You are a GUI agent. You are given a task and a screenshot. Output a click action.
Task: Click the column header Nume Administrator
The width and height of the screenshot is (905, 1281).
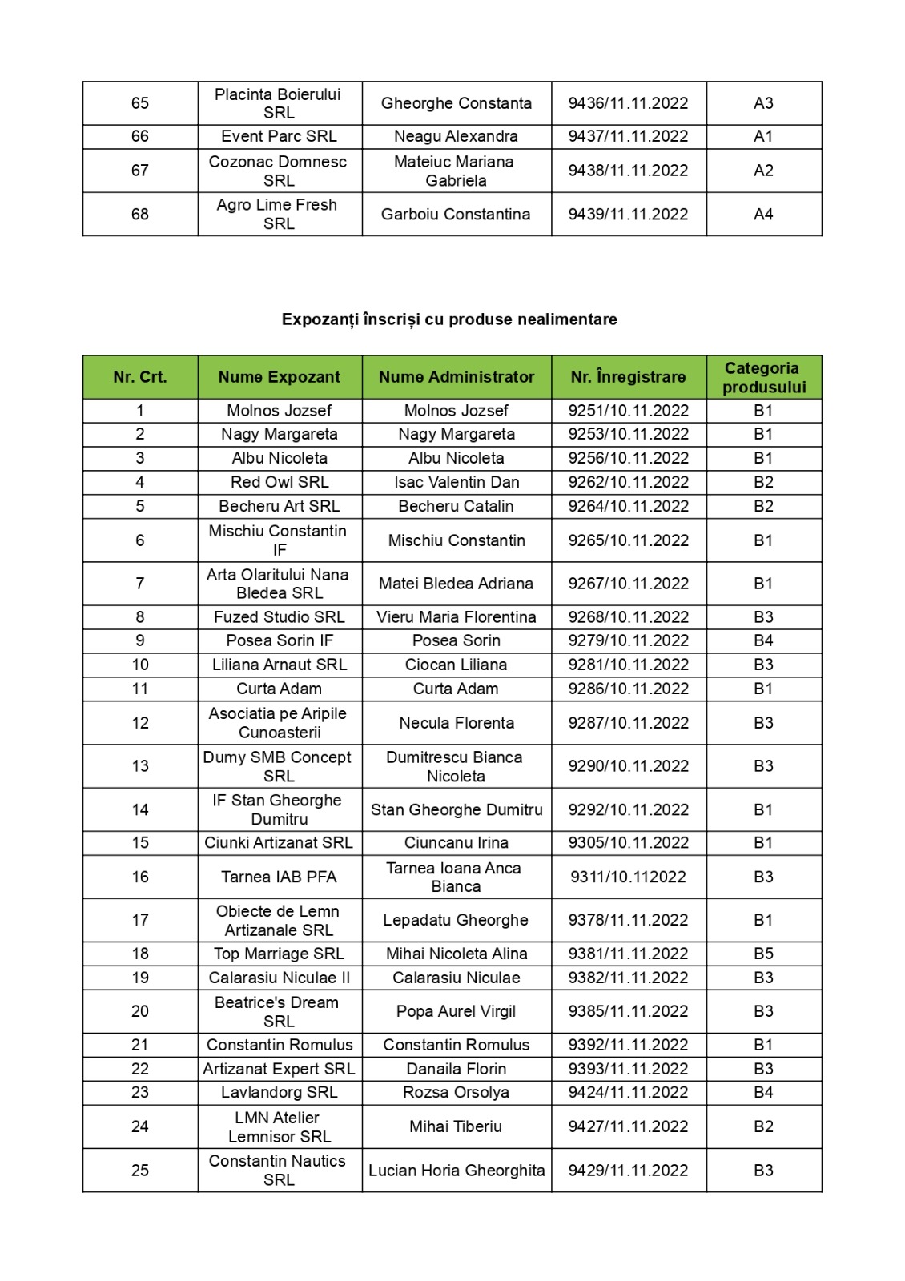pos(456,377)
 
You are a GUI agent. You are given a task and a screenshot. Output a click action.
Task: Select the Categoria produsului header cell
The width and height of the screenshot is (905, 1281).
pos(763,377)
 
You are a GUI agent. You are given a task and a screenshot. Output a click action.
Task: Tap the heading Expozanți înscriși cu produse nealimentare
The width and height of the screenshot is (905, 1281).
pos(449,319)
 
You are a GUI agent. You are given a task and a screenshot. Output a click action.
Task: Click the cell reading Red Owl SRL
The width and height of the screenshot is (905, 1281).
pos(279,482)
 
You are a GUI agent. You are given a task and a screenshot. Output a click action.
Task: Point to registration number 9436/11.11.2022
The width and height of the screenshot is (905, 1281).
pos(628,103)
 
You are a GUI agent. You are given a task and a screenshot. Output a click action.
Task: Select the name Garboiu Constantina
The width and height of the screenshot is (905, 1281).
pos(456,214)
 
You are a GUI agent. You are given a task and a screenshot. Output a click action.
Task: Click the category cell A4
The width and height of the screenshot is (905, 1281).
pos(763,214)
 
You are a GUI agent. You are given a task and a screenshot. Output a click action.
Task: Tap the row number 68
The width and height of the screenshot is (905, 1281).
pos(140,214)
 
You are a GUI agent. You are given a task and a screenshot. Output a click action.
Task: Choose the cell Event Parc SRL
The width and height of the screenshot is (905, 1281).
pos(279,136)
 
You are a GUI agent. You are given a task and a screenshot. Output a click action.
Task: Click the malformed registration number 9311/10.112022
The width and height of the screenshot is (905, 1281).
pos(628,877)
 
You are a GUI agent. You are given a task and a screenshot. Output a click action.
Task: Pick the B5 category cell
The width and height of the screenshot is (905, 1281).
pos(763,954)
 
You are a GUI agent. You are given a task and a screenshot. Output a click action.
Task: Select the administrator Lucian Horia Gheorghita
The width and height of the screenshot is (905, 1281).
pos(456,1171)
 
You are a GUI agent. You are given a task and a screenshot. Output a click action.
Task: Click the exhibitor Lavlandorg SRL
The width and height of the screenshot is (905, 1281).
pos(279,1092)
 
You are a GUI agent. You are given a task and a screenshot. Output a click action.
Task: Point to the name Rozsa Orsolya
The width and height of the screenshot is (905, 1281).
pos(456,1092)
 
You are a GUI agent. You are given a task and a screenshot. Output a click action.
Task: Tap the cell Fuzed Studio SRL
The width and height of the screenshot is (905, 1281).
pos(279,617)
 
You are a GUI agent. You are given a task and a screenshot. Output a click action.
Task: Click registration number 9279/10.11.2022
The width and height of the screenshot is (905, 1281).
pos(628,640)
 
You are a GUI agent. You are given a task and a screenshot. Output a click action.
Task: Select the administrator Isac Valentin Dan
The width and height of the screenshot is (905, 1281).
pos(456,482)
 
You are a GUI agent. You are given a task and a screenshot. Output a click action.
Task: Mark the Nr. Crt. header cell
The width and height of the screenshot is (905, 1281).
pos(140,377)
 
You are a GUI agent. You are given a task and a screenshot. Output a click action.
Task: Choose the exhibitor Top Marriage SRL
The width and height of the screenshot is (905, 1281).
pos(279,954)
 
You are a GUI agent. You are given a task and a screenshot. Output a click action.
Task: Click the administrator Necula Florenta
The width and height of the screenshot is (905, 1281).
pos(456,723)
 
